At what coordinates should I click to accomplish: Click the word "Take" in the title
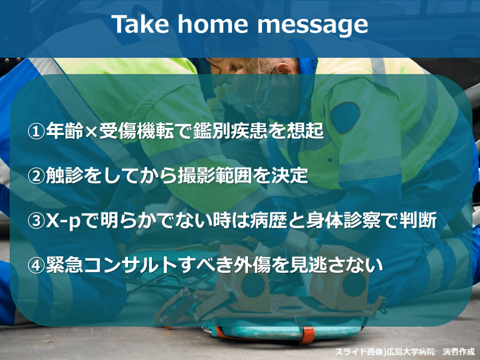coord(140,24)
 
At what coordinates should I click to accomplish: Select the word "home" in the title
coord(213,24)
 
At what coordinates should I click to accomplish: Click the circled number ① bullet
coord(36,131)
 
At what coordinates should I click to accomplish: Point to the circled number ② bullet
coord(36,176)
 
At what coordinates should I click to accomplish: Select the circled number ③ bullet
coord(36,220)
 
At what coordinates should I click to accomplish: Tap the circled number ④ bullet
coord(36,265)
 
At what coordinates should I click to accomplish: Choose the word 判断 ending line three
coord(418,220)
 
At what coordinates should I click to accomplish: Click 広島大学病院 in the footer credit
coord(410,352)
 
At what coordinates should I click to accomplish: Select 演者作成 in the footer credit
coord(458,352)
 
